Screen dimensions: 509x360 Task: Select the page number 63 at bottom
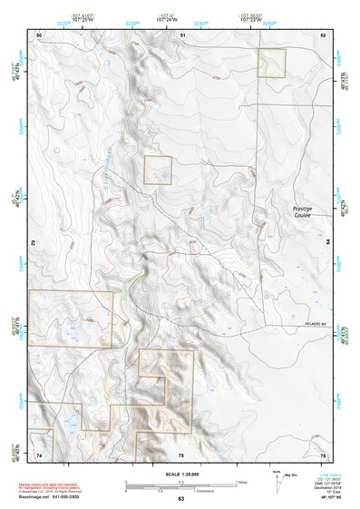pyautogui.click(x=180, y=499)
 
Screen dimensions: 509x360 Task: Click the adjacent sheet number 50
pyautogui.click(x=39, y=34)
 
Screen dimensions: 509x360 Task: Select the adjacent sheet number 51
pyautogui.click(x=182, y=34)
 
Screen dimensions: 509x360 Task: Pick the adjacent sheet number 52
pyautogui.click(x=322, y=34)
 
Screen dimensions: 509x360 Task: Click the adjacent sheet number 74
pyautogui.click(x=39, y=454)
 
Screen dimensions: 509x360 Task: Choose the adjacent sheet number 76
pyautogui.click(x=322, y=454)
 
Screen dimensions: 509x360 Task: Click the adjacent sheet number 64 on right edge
pyautogui.click(x=327, y=243)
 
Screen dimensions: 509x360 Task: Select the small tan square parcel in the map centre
pyautogui.click(x=158, y=170)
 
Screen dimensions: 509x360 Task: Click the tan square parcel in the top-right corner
pyautogui.click(x=272, y=63)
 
